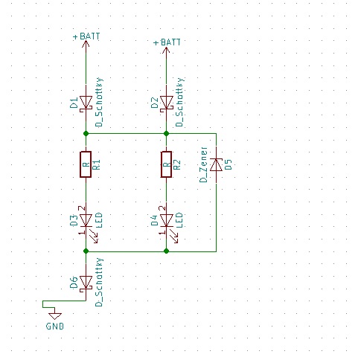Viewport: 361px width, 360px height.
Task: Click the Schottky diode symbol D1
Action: pos(86,102)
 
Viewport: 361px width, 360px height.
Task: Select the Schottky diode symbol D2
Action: pos(166,102)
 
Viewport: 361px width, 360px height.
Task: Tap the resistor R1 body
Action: pos(86,165)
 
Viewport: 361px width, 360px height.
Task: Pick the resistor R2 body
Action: pos(166,165)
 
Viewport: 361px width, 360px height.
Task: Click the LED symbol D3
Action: pos(86,219)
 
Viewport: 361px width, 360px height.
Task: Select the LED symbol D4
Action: pos(166,219)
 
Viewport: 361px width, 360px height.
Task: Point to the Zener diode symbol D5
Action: pos(215,164)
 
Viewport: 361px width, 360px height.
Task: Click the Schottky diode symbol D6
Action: pos(86,282)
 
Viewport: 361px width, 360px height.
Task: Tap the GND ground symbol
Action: pos(55,316)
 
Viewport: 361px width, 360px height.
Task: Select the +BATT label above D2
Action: pos(167,43)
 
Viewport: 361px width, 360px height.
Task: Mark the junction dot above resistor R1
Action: pos(86,134)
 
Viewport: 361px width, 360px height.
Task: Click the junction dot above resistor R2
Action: pos(166,134)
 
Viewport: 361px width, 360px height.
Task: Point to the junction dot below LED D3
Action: pos(86,251)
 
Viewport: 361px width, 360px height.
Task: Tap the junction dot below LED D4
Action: pos(166,251)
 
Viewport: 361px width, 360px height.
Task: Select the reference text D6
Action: pos(74,282)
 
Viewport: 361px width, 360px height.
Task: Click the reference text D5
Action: pos(229,164)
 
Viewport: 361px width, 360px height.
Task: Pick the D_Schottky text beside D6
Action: pos(100,282)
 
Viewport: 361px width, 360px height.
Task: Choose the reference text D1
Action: pos(74,103)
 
